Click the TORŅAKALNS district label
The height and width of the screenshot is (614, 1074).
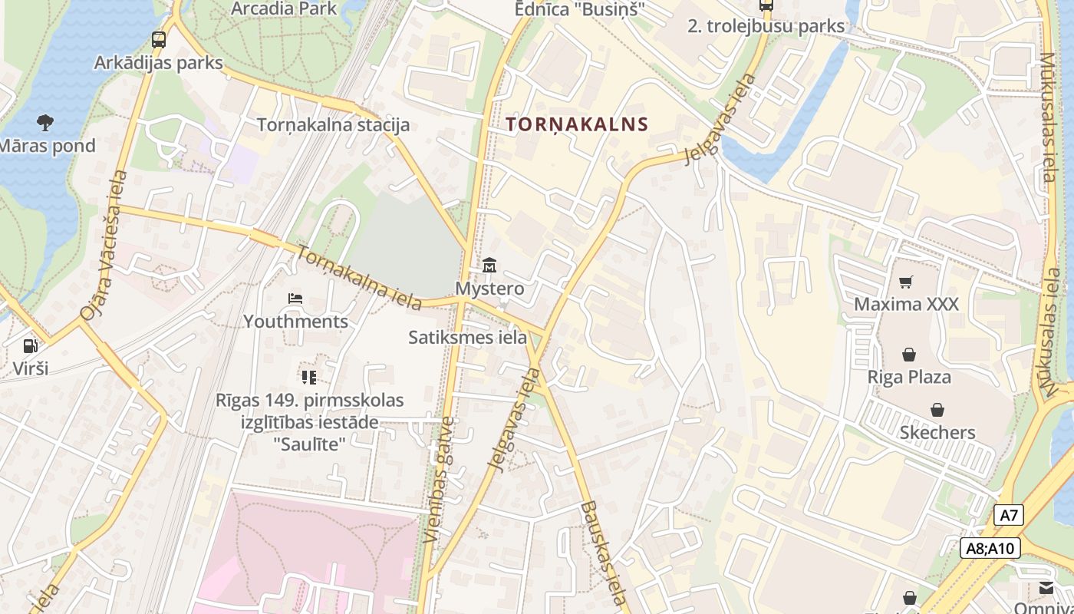click(x=577, y=124)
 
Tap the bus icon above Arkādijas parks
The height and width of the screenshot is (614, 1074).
click(x=159, y=40)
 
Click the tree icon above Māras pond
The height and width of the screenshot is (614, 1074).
click(x=45, y=122)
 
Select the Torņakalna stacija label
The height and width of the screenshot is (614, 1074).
click(x=333, y=124)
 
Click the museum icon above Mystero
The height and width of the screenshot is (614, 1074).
click(x=489, y=266)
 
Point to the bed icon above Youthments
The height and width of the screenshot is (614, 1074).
click(x=295, y=299)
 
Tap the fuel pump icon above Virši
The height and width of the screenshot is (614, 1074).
click(x=31, y=346)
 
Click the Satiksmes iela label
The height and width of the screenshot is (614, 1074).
click(x=467, y=337)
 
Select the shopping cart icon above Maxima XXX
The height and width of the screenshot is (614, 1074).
click(x=906, y=282)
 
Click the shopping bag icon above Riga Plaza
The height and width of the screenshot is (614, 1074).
click(x=909, y=355)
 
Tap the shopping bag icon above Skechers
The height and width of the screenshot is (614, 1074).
click(x=937, y=410)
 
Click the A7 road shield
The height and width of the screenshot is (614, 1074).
click(x=1009, y=515)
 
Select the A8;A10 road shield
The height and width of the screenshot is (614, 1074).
click(x=990, y=548)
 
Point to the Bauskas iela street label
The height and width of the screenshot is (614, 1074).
click(x=604, y=552)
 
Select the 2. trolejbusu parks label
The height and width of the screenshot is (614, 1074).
click(x=766, y=26)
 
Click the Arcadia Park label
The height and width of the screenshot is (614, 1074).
click(x=284, y=8)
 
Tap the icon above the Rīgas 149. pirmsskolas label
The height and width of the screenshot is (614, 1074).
click(x=309, y=377)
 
